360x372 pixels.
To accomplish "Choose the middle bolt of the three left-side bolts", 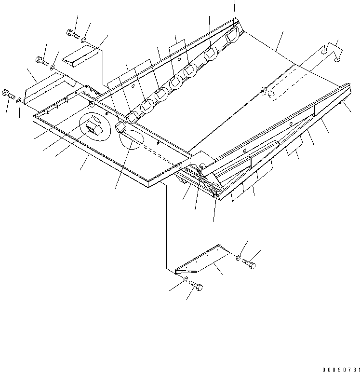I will click(x=42, y=61).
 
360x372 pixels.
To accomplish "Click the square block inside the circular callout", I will click(x=93, y=128).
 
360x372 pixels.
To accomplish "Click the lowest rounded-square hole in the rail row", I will click(x=120, y=127).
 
